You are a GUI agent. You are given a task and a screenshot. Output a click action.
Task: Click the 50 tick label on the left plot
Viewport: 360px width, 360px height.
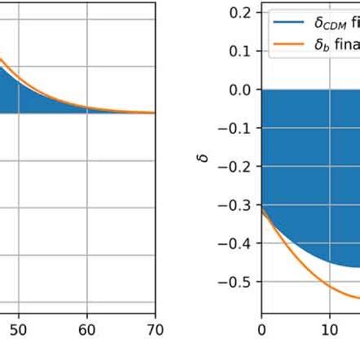tap(18, 330)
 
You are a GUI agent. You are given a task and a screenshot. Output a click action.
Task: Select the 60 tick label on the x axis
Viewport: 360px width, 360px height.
tap(87, 330)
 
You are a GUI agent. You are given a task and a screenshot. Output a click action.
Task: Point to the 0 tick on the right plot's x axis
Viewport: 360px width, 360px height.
tap(261, 330)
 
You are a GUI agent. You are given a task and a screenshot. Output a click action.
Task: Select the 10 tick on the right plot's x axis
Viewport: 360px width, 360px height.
tap(329, 330)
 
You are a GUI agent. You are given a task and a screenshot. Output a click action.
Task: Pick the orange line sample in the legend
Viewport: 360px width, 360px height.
tap(288, 44)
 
